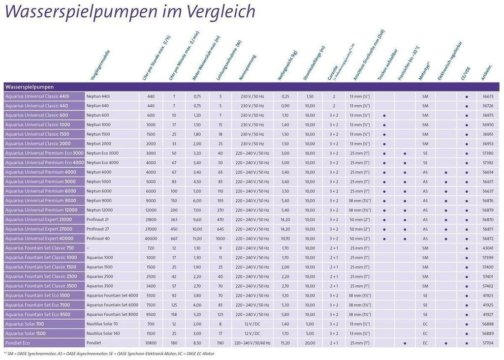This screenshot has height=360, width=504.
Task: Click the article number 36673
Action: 488,96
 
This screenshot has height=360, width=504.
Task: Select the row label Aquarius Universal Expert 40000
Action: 39,239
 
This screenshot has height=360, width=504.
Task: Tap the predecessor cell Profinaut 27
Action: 97,229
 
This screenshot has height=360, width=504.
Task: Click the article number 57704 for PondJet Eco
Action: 488,343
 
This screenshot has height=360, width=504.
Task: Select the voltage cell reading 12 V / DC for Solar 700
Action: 252,324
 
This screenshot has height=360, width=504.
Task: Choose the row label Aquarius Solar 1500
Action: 27,333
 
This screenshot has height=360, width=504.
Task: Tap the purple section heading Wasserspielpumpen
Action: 30,87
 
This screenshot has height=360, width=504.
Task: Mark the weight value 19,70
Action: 285,239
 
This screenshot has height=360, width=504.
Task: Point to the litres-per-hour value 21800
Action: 151,219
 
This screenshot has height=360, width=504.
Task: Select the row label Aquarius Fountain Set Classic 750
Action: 39,248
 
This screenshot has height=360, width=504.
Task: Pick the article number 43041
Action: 488,248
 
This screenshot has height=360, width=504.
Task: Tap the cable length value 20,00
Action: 310,343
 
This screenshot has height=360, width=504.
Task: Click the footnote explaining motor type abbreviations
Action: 109,353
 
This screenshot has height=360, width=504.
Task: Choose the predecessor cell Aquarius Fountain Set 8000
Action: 112,314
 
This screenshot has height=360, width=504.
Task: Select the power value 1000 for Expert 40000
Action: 220,239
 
